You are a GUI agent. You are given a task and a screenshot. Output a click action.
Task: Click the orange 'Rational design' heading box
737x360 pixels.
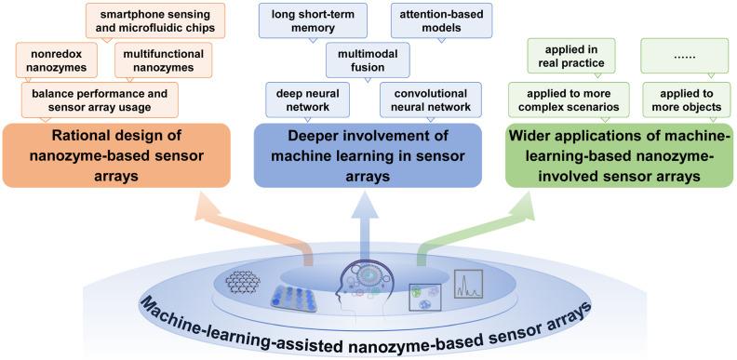[116, 154]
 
